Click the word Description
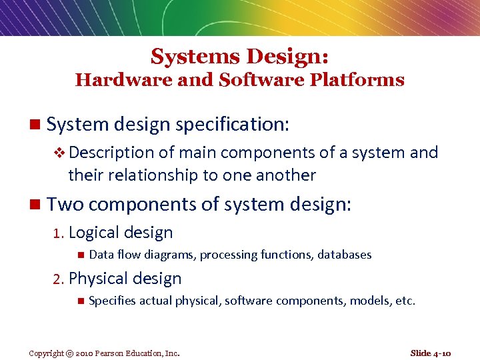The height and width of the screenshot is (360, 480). pos(111,153)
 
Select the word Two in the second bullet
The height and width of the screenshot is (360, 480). pos(64,203)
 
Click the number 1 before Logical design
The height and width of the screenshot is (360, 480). pos(58,233)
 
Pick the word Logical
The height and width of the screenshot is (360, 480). pos(94,233)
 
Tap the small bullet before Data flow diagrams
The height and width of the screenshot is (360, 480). pos(79,255)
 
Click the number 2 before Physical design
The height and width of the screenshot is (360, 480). pos(58,279)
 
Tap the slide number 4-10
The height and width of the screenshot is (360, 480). pos(441,353)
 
